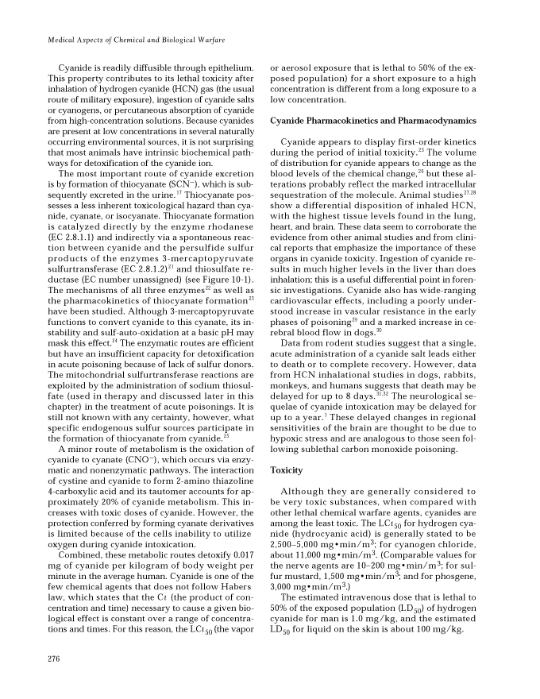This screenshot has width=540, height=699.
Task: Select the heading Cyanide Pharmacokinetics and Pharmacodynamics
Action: click(x=372, y=122)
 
